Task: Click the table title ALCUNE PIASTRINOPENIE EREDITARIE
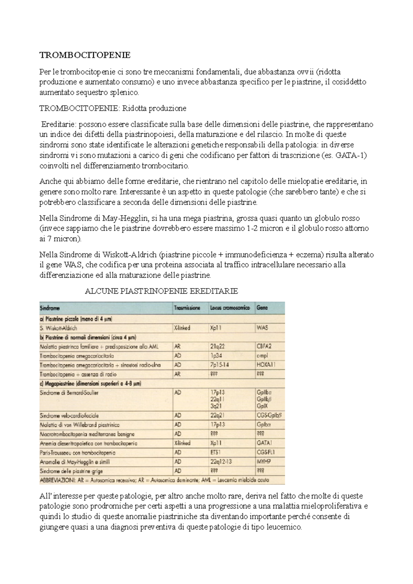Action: tap(161, 291)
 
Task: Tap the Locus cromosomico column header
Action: tap(230, 308)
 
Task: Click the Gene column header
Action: tap(262, 308)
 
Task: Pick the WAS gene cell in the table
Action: tap(262, 328)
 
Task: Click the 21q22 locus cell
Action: tap(217, 346)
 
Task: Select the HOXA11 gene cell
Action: tap(266, 365)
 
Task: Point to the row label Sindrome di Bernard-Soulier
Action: tap(69, 392)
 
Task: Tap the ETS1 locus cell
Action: tap(215, 452)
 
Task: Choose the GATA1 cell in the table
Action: tap(264, 443)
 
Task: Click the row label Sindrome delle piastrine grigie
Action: tap(71, 471)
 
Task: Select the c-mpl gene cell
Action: tap(262, 356)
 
